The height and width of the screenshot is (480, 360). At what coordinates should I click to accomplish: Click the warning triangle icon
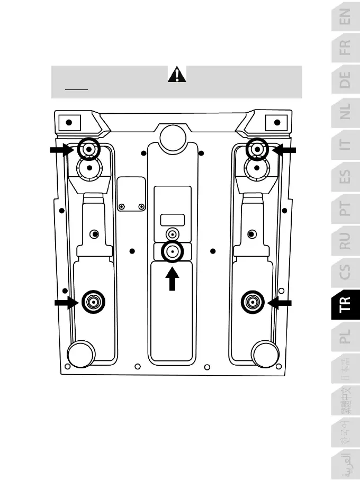[x=177, y=75]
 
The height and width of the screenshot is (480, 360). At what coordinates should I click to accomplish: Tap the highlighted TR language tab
[x=345, y=318]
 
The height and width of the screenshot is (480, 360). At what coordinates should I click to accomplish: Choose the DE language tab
[x=345, y=80]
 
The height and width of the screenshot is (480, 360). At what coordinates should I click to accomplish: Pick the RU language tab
[x=345, y=241]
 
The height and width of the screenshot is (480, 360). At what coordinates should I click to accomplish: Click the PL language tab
[x=345, y=336]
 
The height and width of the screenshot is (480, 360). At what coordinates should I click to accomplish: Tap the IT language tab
[x=345, y=144]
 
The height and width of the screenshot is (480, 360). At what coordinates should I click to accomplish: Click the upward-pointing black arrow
[x=173, y=279]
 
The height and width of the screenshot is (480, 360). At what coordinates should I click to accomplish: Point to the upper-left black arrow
[x=62, y=150]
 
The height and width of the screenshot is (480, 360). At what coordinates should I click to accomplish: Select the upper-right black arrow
[x=284, y=150]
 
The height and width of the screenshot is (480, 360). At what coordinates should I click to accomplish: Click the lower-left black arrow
[x=67, y=303]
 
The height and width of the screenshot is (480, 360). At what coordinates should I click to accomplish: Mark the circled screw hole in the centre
[x=173, y=252]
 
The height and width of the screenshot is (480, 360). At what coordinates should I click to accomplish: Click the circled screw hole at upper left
[x=88, y=150]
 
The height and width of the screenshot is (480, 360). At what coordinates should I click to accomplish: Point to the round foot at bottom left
[x=82, y=354]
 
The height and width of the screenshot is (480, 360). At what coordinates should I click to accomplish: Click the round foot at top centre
[x=173, y=137]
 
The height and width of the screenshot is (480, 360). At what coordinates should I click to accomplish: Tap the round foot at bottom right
[x=265, y=354]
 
